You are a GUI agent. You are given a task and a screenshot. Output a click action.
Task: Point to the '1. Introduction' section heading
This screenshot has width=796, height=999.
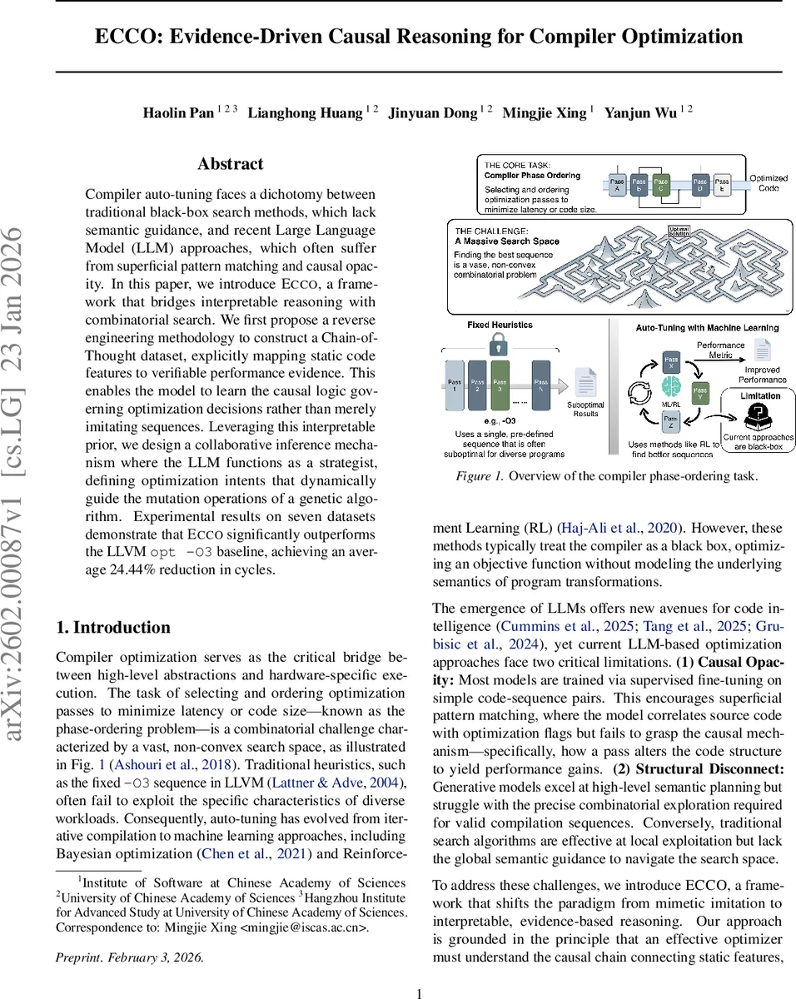click(112, 628)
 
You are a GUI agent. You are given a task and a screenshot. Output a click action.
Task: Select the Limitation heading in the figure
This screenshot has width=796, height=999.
click(759, 396)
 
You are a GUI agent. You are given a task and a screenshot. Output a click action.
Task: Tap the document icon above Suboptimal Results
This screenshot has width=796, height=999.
click(585, 384)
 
